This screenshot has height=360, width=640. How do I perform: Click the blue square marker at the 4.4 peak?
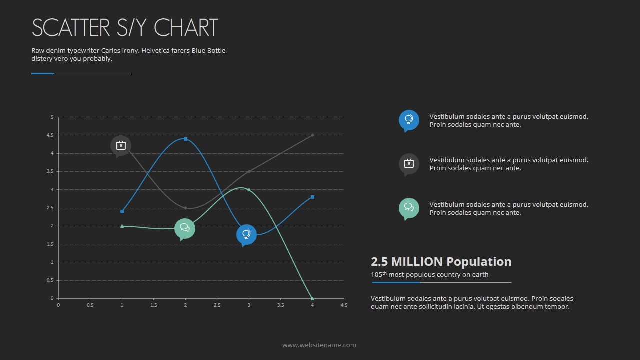186,139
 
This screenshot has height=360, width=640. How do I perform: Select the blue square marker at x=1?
122,211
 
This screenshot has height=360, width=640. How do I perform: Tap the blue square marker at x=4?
312,197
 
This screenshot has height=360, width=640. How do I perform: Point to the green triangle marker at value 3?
249,189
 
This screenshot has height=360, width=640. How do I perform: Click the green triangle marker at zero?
312,298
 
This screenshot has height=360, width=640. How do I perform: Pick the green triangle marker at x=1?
122,226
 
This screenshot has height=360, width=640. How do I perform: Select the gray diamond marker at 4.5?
312,135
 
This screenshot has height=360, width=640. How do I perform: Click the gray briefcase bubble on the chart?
121,145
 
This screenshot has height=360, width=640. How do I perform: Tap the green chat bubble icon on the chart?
185,228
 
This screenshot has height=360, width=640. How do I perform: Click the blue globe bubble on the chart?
246,234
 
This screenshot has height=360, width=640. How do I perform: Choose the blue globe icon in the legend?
409,120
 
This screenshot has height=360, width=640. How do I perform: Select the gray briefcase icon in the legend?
409,163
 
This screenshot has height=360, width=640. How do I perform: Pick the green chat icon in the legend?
409,208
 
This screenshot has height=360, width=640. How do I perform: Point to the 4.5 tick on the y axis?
50,135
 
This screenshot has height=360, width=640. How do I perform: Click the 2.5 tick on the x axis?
217,305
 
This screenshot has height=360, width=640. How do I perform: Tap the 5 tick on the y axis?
52,117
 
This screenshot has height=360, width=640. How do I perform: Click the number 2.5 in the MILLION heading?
379,262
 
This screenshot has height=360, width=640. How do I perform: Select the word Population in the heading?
479,262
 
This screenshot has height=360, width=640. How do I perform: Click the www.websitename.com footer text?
319,345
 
